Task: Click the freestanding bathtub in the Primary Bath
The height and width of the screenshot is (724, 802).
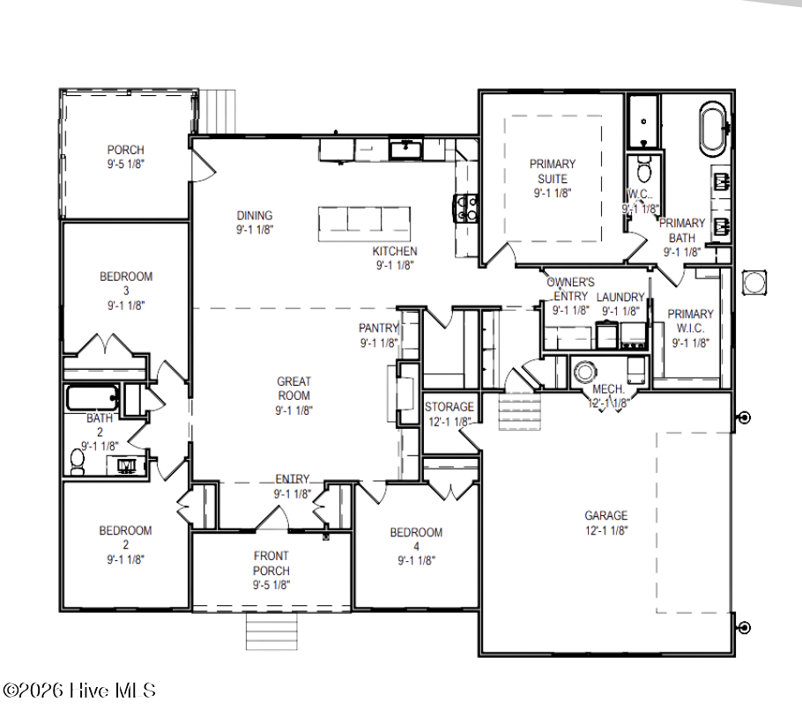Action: pyautogui.click(x=712, y=129)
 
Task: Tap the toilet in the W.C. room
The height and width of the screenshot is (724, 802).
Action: pyautogui.click(x=643, y=169)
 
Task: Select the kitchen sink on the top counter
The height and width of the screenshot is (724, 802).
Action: pyautogui.click(x=405, y=150)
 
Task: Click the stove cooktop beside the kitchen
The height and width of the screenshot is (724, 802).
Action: pyautogui.click(x=465, y=209)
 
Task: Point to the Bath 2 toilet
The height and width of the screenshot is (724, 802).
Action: pyautogui.click(x=78, y=462)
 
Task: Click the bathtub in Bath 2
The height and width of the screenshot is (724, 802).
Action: pyautogui.click(x=92, y=398)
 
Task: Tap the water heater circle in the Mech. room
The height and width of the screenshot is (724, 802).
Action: pyautogui.click(x=584, y=372)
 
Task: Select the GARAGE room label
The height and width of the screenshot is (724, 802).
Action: pyautogui.click(x=606, y=515)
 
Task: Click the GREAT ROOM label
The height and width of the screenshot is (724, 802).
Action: pyautogui.click(x=293, y=388)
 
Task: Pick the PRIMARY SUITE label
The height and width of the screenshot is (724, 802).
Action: pyautogui.click(x=553, y=171)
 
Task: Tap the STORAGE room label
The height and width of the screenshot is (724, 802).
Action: pyautogui.click(x=449, y=407)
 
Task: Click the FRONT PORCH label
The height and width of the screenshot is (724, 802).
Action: pyautogui.click(x=271, y=563)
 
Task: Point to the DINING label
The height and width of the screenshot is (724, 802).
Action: pyautogui.click(x=254, y=215)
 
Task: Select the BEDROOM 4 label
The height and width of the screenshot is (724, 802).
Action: pyautogui.click(x=416, y=539)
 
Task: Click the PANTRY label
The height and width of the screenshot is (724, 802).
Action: pyautogui.click(x=378, y=328)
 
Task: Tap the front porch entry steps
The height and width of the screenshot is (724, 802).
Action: pyautogui.click(x=271, y=631)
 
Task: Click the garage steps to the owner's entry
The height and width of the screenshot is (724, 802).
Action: pyautogui.click(x=520, y=412)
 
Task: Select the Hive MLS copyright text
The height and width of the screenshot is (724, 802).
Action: pyautogui.click(x=78, y=691)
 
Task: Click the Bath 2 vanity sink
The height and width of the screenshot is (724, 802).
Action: pyautogui.click(x=126, y=465)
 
